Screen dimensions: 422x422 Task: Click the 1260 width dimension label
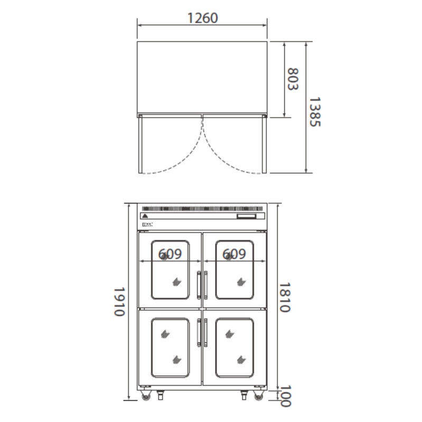[202, 18]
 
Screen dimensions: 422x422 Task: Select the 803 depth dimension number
[293, 79]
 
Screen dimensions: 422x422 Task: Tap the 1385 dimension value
[315, 111]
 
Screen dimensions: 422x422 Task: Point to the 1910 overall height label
[119, 302]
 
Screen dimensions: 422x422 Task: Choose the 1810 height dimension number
[285, 297]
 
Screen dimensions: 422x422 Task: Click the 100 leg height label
[285, 396]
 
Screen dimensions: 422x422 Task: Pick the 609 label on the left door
[170, 254]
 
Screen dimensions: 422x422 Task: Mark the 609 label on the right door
[234, 254]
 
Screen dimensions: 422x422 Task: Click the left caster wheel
[146, 396]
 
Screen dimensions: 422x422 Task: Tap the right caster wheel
[258, 396]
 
